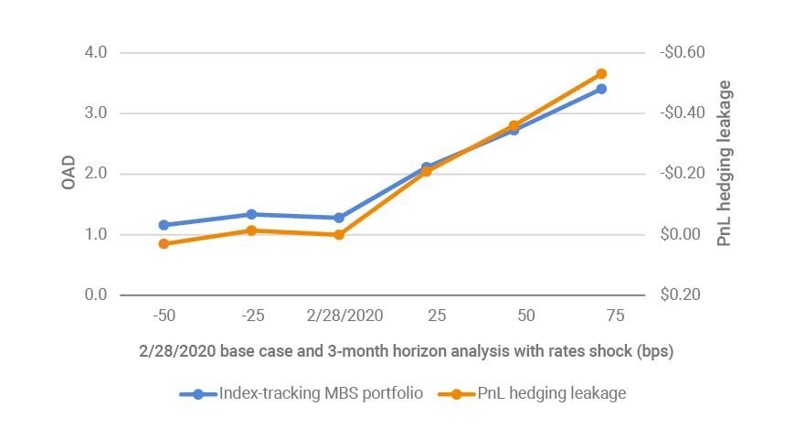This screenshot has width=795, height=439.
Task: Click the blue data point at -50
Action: (x=164, y=225)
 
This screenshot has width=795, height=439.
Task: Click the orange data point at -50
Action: (x=164, y=244)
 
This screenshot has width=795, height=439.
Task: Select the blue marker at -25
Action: (x=251, y=214)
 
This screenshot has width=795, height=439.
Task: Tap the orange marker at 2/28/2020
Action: (x=339, y=235)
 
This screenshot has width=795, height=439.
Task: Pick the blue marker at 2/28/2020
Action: (x=339, y=218)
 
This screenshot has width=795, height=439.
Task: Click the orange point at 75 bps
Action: (x=601, y=74)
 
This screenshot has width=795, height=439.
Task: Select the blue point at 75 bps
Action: (x=601, y=89)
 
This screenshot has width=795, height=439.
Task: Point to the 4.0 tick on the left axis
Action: (x=95, y=53)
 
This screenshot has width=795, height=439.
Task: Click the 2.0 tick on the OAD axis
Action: (x=95, y=174)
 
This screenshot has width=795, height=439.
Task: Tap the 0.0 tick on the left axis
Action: (x=95, y=295)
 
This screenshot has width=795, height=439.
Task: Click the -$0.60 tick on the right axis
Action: (x=682, y=53)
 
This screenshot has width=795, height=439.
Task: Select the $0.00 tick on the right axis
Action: (x=682, y=235)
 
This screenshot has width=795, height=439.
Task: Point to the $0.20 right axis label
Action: (x=682, y=295)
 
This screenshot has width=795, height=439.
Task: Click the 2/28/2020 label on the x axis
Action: (x=344, y=316)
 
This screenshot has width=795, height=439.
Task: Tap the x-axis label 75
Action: (x=615, y=316)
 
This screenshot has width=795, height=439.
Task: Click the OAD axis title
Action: (x=69, y=174)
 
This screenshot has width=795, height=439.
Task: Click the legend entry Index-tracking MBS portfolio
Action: (x=320, y=393)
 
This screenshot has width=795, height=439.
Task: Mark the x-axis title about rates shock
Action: (x=406, y=351)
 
